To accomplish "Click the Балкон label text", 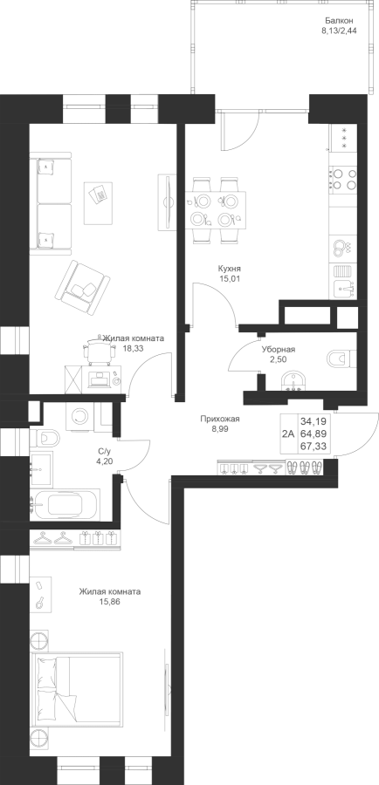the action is [x=340, y=21].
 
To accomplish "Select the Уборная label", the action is [x=278, y=350].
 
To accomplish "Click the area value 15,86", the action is [x=110, y=601].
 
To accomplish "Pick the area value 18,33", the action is [x=134, y=348].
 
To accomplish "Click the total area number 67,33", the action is [x=315, y=445].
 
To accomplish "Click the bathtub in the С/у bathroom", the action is [x=64, y=505].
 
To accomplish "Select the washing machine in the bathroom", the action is [x=79, y=415].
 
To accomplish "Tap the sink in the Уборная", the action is [x=293, y=381].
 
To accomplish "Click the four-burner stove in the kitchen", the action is [x=344, y=179].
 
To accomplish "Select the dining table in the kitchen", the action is [x=216, y=209].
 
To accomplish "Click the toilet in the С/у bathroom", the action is [x=45, y=439].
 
